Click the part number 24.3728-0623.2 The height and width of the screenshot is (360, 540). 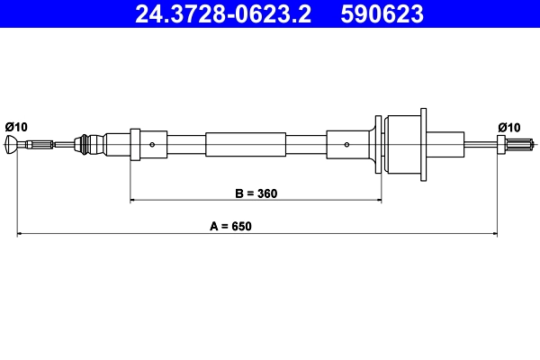click(223, 14)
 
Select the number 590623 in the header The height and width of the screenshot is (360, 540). click(382, 14)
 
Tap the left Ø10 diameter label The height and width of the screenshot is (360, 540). click(16, 127)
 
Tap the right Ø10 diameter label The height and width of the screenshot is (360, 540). click(509, 128)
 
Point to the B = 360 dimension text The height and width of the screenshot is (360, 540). click(256, 193)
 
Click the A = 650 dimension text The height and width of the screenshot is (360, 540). click(230, 226)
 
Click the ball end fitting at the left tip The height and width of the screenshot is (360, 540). click(11, 144)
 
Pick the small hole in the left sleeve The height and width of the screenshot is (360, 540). click(152, 145)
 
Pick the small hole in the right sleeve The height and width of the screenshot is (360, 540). click(346, 145)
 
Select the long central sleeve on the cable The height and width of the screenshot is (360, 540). click(246, 145)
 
